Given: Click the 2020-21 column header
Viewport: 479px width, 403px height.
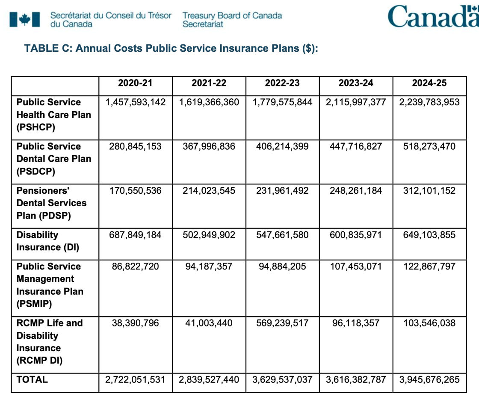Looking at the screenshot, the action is (x=135, y=83).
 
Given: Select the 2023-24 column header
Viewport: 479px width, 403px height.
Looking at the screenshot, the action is (x=355, y=83).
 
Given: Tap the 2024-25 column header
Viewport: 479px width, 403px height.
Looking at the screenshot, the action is (x=429, y=83).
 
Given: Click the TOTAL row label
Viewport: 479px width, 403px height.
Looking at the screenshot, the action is (x=32, y=379).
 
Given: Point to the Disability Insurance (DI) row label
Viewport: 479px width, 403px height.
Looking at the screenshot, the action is (x=47, y=241).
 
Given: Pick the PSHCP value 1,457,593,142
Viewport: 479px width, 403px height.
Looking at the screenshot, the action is (x=135, y=102).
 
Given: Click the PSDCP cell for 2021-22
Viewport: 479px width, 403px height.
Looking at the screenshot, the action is (x=209, y=146).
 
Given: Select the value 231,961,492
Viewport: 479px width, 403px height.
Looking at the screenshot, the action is (x=282, y=191).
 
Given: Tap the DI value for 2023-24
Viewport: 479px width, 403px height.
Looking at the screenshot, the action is (x=355, y=235).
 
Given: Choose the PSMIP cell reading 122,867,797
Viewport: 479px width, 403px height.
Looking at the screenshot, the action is (x=429, y=267).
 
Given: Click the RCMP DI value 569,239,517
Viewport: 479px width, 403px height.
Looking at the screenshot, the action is (x=282, y=323).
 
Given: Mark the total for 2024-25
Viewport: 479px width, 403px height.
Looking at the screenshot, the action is (x=429, y=379).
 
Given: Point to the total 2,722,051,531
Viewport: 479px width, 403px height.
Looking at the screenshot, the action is (x=135, y=379).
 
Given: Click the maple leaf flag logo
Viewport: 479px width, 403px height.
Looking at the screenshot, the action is (x=25, y=20).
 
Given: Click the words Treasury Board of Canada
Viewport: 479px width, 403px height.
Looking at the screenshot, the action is (x=232, y=15).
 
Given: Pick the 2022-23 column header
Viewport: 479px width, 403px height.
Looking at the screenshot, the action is (x=282, y=83).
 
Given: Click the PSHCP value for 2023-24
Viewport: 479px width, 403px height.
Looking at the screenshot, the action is (x=355, y=102).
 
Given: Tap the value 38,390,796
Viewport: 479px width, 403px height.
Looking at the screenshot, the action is (x=135, y=323).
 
